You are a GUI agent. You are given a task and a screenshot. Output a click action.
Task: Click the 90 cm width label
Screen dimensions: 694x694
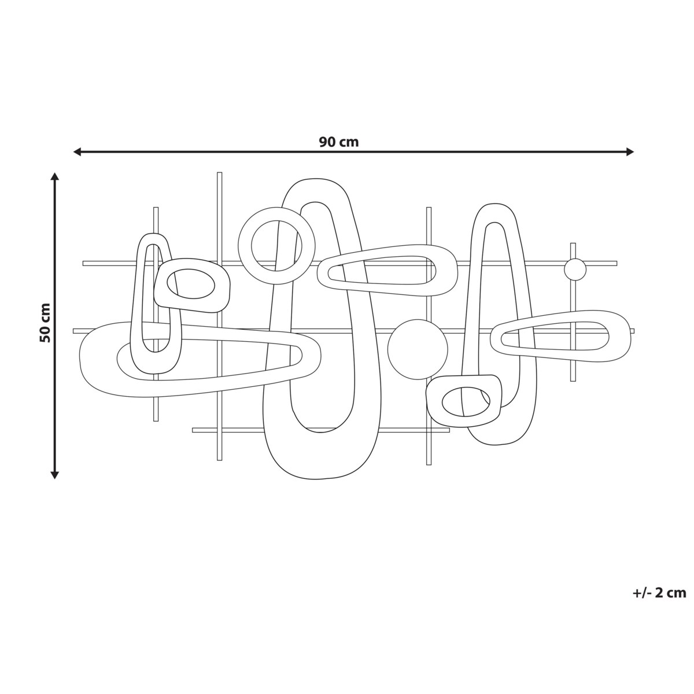click(x=338, y=142)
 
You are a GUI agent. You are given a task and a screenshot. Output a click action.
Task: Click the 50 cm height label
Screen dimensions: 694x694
click(x=45, y=323)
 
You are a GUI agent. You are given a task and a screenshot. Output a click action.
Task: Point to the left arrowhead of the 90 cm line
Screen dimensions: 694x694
click(x=77, y=152)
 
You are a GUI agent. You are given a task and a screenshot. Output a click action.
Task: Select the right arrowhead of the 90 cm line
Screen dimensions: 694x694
click(x=630, y=152)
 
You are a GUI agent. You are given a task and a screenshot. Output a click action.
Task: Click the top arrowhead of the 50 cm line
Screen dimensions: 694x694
click(x=54, y=176)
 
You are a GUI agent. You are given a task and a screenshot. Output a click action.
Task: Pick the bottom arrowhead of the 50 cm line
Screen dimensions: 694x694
click(x=54, y=475)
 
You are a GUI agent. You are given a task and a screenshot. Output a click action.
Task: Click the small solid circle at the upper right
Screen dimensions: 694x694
click(x=575, y=270)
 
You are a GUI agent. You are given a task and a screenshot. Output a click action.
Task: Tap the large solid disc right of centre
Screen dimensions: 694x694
click(x=418, y=349)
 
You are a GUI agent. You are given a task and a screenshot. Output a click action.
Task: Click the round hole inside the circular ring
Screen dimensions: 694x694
click(x=276, y=246)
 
